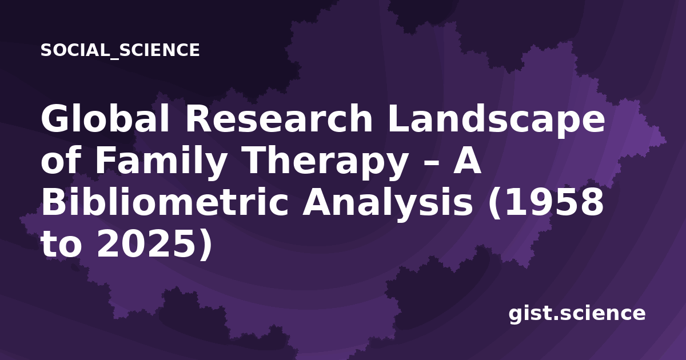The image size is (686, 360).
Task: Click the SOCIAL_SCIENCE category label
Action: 120,50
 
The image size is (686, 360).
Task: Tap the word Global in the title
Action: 105,118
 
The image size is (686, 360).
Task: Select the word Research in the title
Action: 280,118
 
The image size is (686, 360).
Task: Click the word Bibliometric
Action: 165,203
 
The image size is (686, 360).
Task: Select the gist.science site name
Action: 577,314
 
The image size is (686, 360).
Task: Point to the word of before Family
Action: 61,160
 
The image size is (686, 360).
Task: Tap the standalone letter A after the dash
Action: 468,160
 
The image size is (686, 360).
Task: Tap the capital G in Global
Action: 55,118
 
